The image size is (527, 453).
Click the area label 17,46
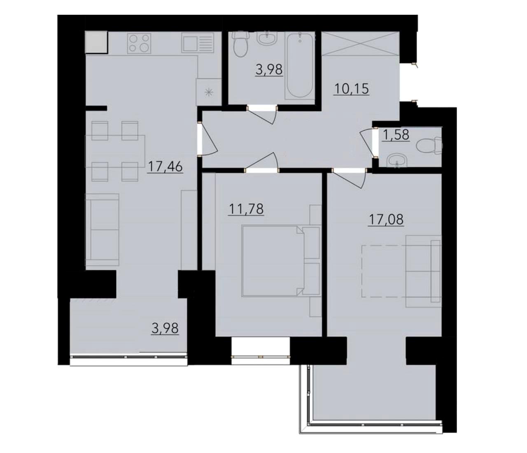165,167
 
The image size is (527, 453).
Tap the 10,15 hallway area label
352,89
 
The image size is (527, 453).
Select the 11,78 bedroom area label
246,210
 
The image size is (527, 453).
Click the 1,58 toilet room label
395,135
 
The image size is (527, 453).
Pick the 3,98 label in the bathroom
269,69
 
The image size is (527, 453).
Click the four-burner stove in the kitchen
139,43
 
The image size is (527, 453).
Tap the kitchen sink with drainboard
198,43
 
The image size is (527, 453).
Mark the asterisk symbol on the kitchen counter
209,92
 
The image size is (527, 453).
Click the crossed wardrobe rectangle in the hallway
360,43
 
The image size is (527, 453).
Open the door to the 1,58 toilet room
366,143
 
